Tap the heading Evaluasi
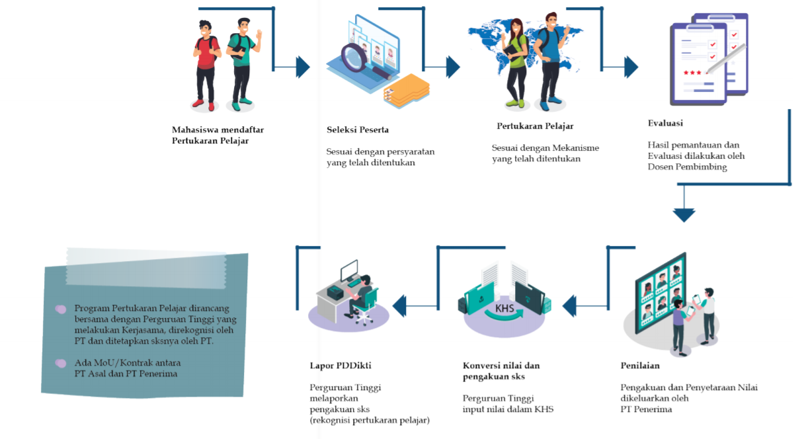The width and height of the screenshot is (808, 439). click(665, 124)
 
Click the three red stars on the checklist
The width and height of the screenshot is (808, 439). click(693, 72)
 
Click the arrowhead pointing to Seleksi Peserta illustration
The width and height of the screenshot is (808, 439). click(303, 67)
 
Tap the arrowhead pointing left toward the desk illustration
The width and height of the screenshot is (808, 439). click(399, 306)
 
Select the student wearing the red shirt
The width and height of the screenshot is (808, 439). click(207, 64)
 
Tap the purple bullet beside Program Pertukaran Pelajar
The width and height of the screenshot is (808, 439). click(61, 309)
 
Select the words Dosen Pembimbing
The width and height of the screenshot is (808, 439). click(687, 167)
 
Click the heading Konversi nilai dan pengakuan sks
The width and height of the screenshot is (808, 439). click(501, 371)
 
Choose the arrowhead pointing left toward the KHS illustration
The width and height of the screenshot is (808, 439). click(569, 306)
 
